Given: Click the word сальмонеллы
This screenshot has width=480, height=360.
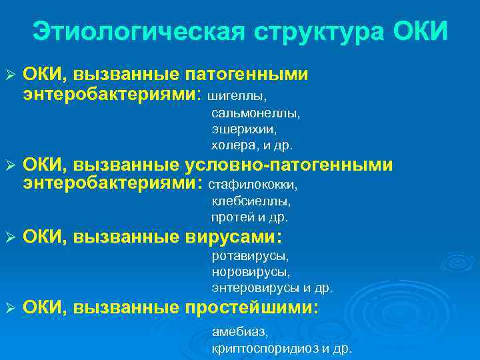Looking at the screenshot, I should [256, 113].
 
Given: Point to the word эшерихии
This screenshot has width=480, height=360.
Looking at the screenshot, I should [244, 129].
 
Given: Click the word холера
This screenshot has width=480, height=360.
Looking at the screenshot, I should [231, 145].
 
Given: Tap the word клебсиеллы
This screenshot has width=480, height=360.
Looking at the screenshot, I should [251, 201].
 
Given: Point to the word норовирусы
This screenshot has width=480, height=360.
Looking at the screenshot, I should [251, 272].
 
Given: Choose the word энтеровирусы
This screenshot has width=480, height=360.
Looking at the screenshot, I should [256, 288].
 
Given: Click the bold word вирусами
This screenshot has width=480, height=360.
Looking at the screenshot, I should [229, 237].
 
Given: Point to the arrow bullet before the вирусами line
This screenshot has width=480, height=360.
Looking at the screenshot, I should [9, 237].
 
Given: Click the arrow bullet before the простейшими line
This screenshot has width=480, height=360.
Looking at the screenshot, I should [9, 309].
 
